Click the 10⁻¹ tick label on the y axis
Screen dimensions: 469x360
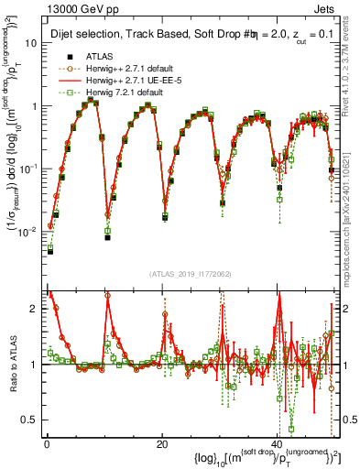[x=29, y=169]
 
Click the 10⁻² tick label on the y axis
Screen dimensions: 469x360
[x=29, y=232]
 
